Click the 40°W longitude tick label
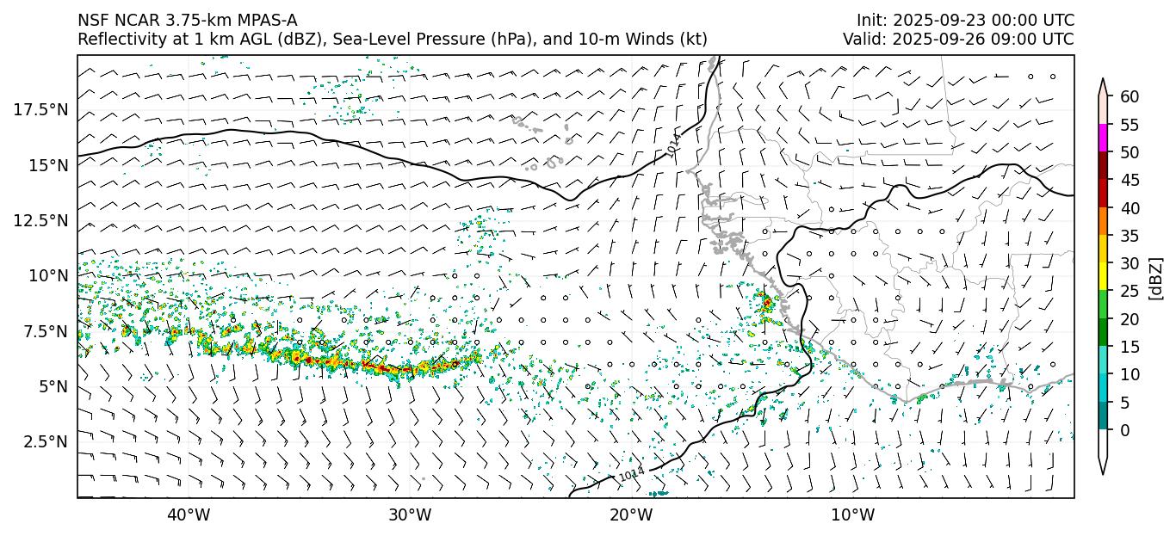point(188,515)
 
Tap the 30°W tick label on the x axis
point(409,515)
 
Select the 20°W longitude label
point(631,515)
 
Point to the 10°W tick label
point(853,515)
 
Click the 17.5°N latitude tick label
point(40,109)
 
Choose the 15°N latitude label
point(47,164)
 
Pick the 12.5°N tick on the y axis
point(40,220)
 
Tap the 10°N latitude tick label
point(47,275)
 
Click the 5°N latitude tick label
point(51,386)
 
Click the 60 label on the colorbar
point(1130,96)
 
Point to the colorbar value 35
point(1130,236)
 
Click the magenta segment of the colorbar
point(1103,139)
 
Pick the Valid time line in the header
point(958,39)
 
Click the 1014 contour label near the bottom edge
point(631,474)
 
